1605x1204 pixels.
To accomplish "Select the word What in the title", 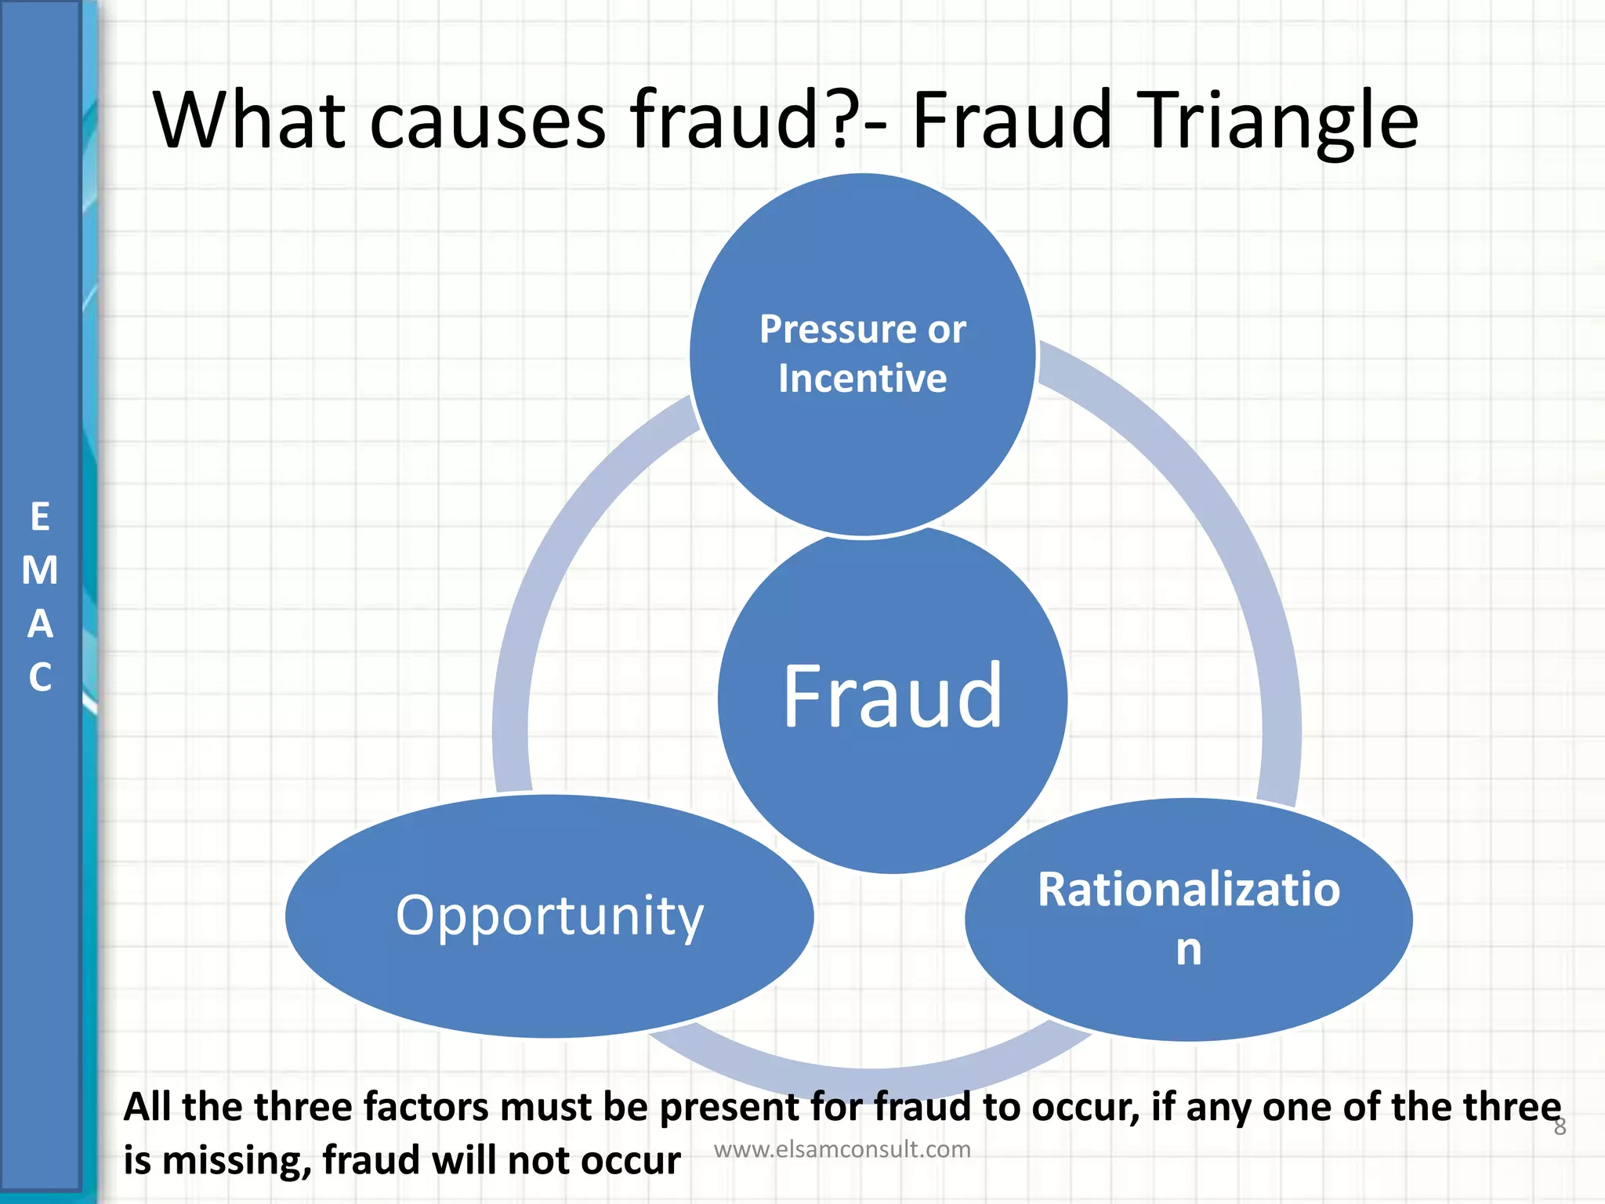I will [x=249, y=121].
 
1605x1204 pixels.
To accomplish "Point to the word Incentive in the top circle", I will [x=862, y=379].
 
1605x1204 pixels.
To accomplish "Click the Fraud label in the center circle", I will [x=892, y=697].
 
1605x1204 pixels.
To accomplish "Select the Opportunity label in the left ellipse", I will [x=549, y=915].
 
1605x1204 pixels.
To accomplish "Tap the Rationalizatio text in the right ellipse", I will [x=1188, y=890].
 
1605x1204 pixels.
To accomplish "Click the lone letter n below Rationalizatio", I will [x=1188, y=949].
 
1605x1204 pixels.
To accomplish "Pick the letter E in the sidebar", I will [x=40, y=518].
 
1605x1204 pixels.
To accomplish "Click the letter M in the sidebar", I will [x=40, y=571].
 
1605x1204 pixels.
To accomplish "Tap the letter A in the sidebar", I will [x=40, y=625].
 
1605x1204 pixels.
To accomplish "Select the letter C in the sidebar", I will [x=40, y=677].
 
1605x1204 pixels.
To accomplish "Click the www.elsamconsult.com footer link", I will [x=842, y=1149].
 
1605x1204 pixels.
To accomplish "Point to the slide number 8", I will [x=1560, y=1127].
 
